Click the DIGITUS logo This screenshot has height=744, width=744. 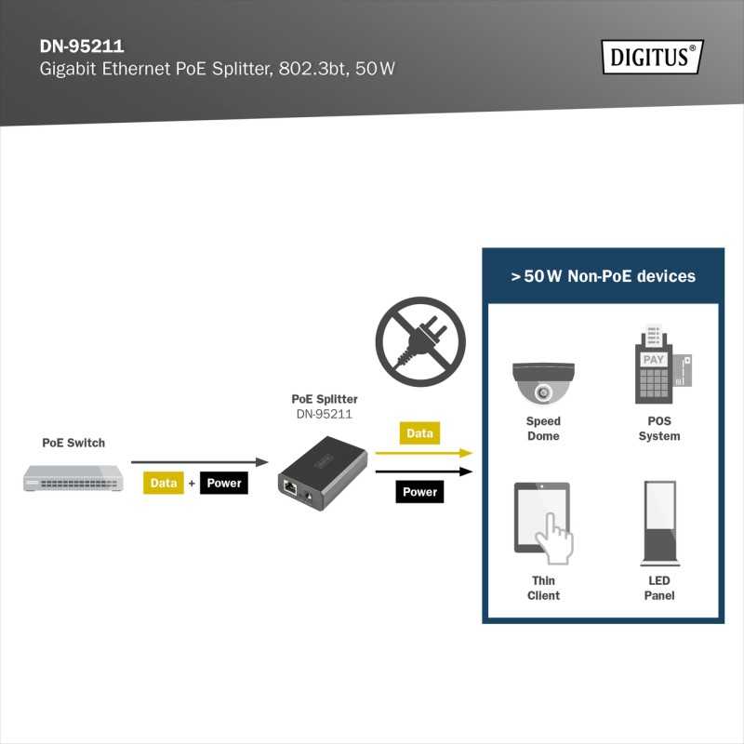click(x=653, y=57)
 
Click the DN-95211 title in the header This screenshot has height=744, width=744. click(x=82, y=46)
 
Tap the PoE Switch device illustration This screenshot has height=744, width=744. click(x=73, y=478)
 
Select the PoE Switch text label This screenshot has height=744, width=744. click(x=73, y=443)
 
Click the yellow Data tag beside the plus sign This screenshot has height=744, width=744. click(x=164, y=483)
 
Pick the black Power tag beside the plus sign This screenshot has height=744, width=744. click(x=224, y=483)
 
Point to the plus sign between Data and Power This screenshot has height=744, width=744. click(x=192, y=484)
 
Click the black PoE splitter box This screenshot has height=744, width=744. click(x=323, y=472)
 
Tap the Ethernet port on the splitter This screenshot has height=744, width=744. click(x=290, y=487)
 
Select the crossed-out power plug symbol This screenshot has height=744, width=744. click(x=420, y=341)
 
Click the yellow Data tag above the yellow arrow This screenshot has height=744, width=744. click(x=419, y=432)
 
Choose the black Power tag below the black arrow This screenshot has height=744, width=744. click(x=419, y=492)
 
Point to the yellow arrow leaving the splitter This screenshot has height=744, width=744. click(x=424, y=453)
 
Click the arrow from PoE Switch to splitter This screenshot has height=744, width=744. click(x=200, y=461)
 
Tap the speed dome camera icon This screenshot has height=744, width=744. click(x=543, y=383)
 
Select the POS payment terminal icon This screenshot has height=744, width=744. click(x=662, y=365)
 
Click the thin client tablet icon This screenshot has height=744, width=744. click(x=543, y=524)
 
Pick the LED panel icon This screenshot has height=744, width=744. click(x=659, y=524)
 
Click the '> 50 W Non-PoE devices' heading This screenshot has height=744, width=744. click(x=603, y=276)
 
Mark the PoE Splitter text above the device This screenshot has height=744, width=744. click(x=325, y=399)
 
